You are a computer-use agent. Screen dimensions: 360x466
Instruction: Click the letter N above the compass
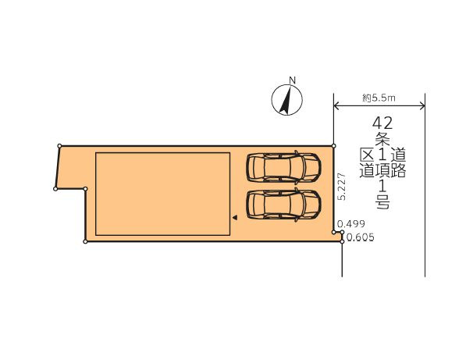(x=292, y=80)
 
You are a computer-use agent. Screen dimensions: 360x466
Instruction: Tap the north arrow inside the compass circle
(x=286, y=101)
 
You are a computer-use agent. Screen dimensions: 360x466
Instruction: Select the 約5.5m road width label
(x=379, y=98)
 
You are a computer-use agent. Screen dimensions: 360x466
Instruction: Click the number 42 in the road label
(x=382, y=123)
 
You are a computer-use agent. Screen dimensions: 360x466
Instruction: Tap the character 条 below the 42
(x=382, y=139)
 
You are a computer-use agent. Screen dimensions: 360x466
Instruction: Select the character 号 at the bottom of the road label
(x=382, y=203)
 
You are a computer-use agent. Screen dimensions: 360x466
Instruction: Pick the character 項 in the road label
(x=382, y=171)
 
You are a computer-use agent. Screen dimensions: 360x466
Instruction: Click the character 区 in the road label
(x=367, y=155)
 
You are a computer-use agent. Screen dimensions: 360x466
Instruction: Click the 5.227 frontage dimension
(x=341, y=188)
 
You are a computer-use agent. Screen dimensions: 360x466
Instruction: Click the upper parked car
(x=283, y=166)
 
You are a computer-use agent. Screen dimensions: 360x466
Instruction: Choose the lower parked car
(x=283, y=205)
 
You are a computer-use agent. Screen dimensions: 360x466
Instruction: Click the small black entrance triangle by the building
(x=233, y=219)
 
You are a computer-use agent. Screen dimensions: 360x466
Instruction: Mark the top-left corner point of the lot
(x=59, y=145)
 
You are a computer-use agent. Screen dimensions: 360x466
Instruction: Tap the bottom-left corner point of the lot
(x=84, y=241)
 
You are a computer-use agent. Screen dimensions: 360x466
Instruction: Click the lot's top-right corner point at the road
(x=334, y=145)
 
